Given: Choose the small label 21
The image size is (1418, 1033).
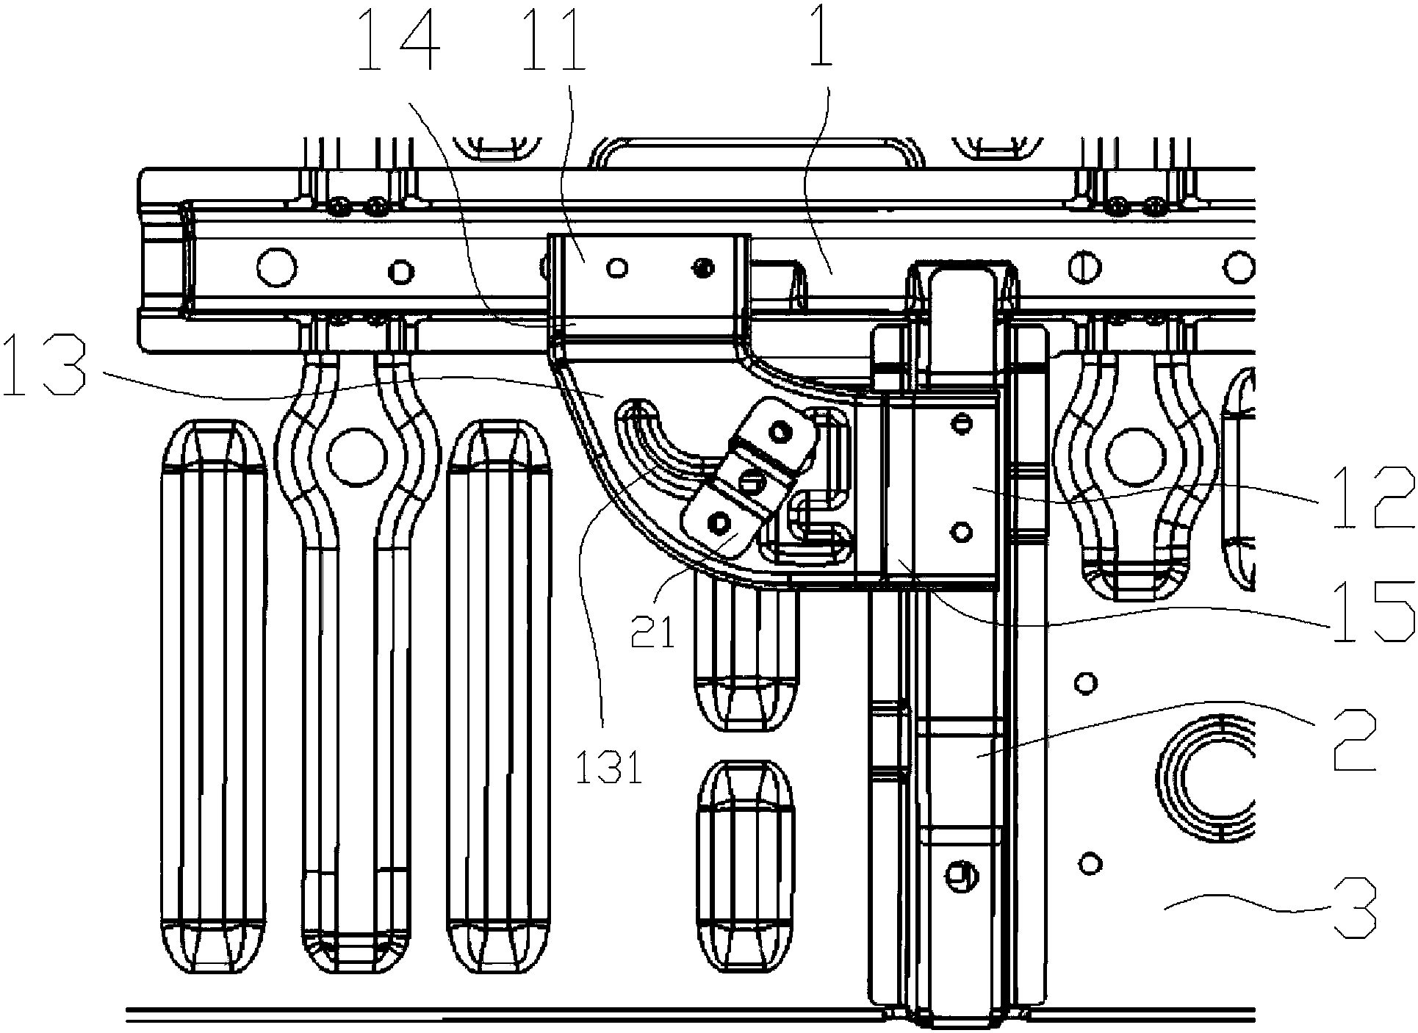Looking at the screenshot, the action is pos(653,633).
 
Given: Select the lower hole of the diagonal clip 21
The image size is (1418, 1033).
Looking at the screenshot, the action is pos(717,521).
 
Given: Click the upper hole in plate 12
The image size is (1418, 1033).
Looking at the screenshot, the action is pos(959,422).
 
